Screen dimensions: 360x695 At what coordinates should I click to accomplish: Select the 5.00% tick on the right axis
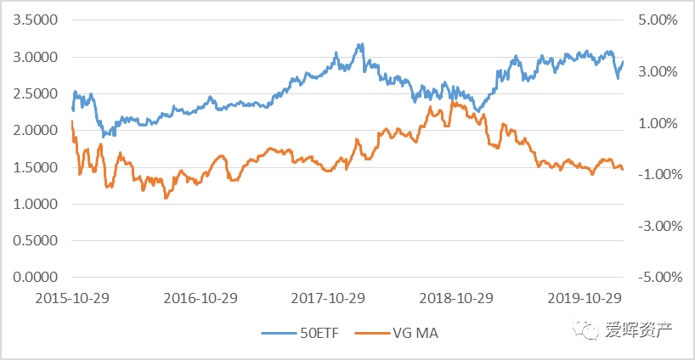[x=655, y=20]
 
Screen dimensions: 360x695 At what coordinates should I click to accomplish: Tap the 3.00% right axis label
[x=655, y=71]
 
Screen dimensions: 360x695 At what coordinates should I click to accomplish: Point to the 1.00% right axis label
[x=655, y=123]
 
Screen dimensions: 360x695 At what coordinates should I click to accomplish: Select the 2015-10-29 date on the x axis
[x=73, y=299]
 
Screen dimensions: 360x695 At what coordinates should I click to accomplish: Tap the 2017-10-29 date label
[x=329, y=299]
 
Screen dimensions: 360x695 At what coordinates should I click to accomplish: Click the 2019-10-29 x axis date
[x=585, y=299]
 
